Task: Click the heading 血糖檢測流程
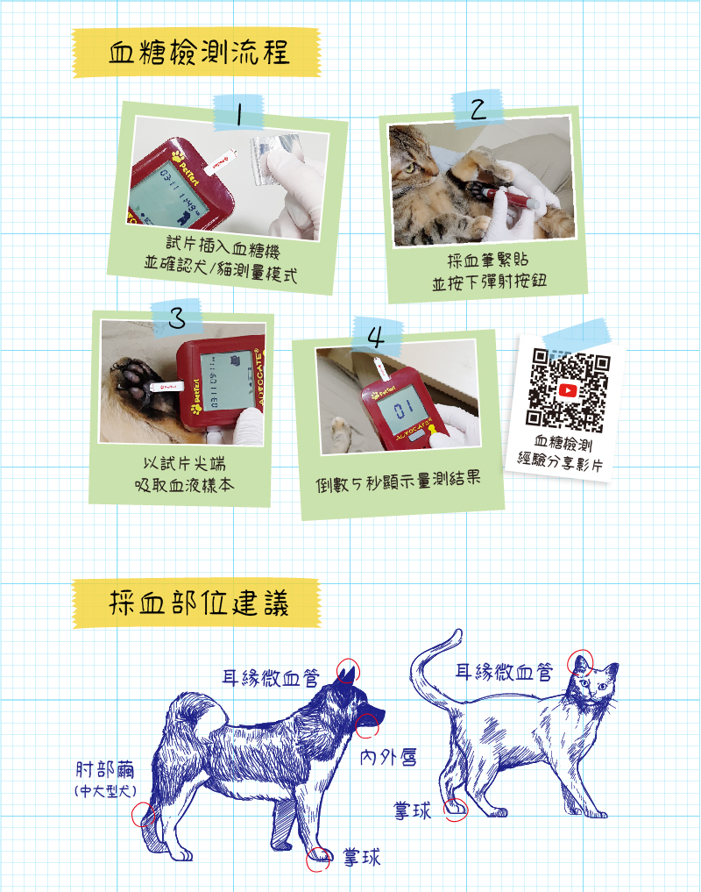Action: pyautogui.click(x=199, y=53)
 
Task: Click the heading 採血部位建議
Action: pyautogui.click(x=199, y=603)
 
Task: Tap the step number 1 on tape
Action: pyautogui.click(x=239, y=113)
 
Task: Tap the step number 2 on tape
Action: pyautogui.click(x=478, y=109)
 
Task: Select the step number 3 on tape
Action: pyautogui.click(x=177, y=318)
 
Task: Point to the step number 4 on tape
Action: pyautogui.click(x=376, y=337)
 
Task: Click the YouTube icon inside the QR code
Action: pyautogui.click(x=568, y=390)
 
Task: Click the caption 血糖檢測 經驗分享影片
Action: pyautogui.click(x=561, y=453)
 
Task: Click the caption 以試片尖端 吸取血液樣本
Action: pyautogui.click(x=184, y=474)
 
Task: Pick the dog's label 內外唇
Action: pyautogui.click(x=389, y=757)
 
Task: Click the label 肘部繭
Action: pyautogui.click(x=105, y=770)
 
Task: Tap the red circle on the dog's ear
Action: pyautogui.click(x=347, y=671)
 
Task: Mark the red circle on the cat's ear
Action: pyautogui.click(x=580, y=662)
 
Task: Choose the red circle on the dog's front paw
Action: pyautogui.click(x=318, y=859)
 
